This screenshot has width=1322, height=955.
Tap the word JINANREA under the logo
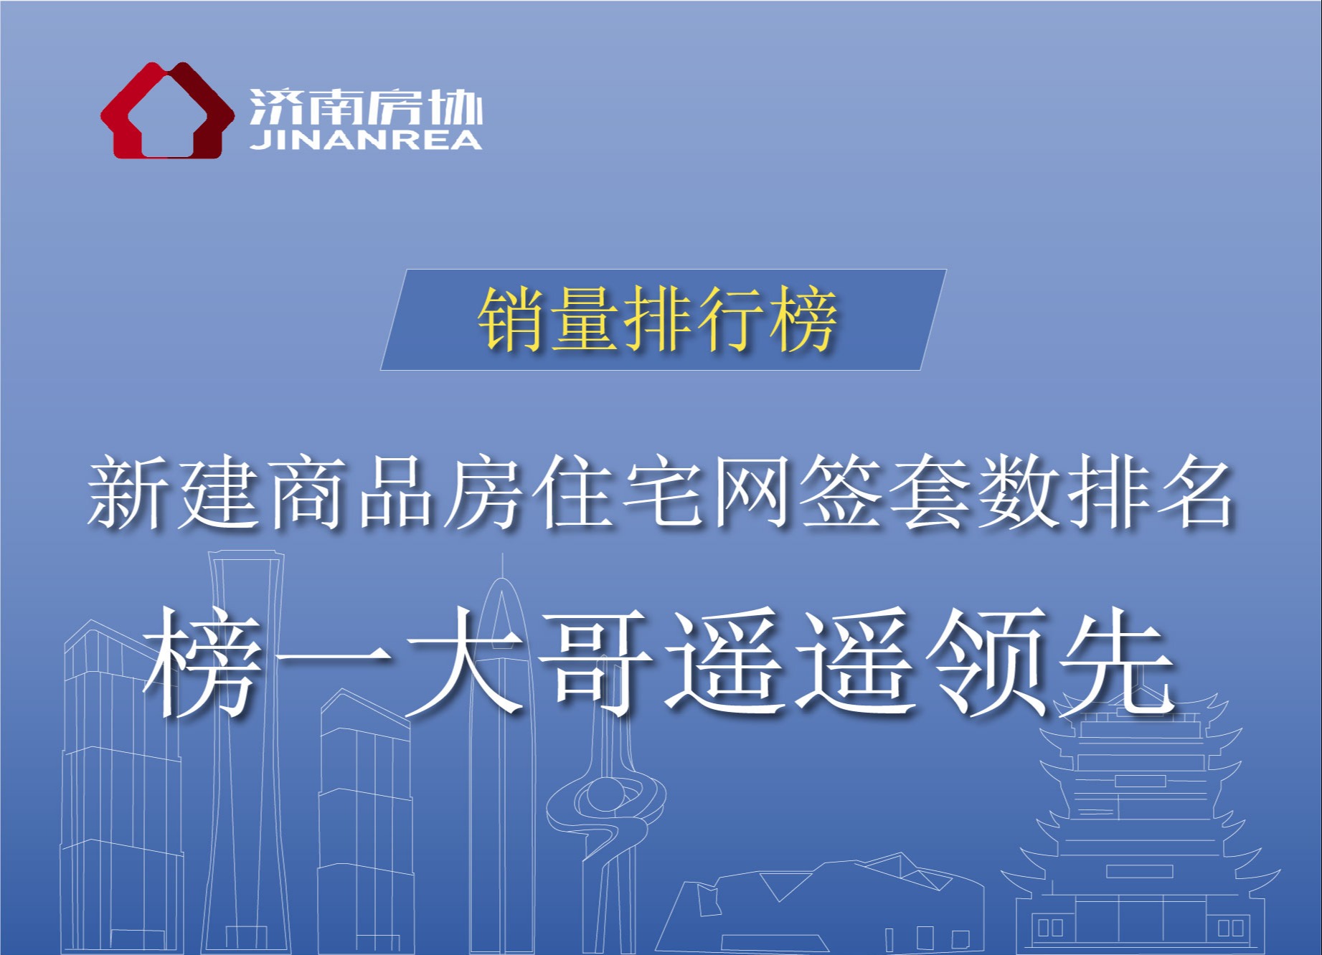(366, 140)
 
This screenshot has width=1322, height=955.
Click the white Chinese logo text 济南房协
(366, 108)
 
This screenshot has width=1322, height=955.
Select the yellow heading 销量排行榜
(657, 320)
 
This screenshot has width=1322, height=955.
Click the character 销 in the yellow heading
(512, 320)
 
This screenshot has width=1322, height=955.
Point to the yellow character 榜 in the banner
(803, 320)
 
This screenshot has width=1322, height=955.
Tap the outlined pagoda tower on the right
(1141, 825)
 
